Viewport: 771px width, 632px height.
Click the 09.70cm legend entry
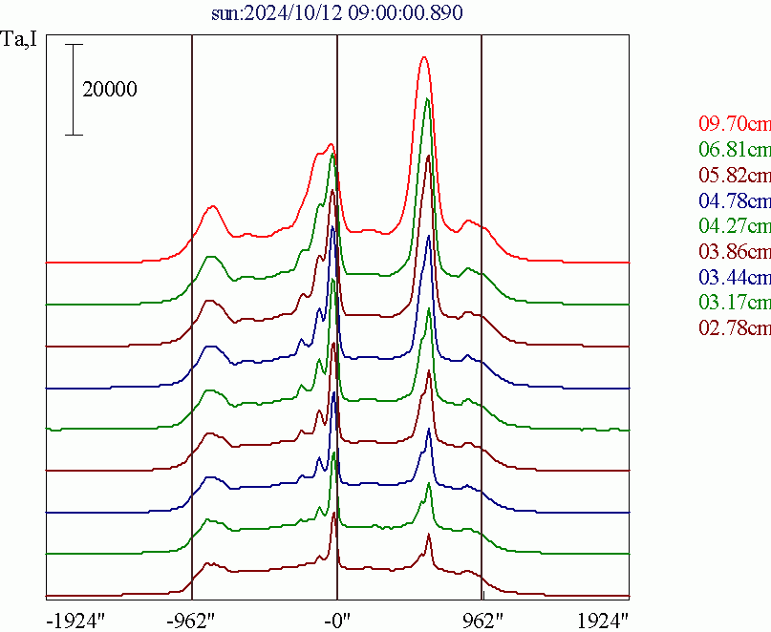pyautogui.click(x=734, y=124)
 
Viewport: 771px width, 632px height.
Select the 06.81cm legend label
pyautogui.click(x=734, y=149)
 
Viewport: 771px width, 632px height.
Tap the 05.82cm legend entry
pyautogui.click(x=734, y=175)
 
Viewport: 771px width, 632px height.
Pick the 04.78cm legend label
pyautogui.click(x=734, y=200)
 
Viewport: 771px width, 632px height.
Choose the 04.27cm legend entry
pyautogui.click(x=734, y=226)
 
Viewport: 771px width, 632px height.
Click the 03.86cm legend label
pyautogui.click(x=734, y=252)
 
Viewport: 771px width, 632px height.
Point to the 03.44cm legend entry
pyautogui.click(x=734, y=278)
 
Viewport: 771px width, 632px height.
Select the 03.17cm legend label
pyautogui.click(x=734, y=304)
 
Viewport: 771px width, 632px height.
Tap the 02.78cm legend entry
pyautogui.click(x=734, y=328)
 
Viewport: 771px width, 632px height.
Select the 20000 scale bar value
pyautogui.click(x=110, y=91)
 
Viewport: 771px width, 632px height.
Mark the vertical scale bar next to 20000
pyautogui.click(x=75, y=90)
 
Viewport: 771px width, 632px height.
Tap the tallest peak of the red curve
pyautogui.click(x=424, y=59)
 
